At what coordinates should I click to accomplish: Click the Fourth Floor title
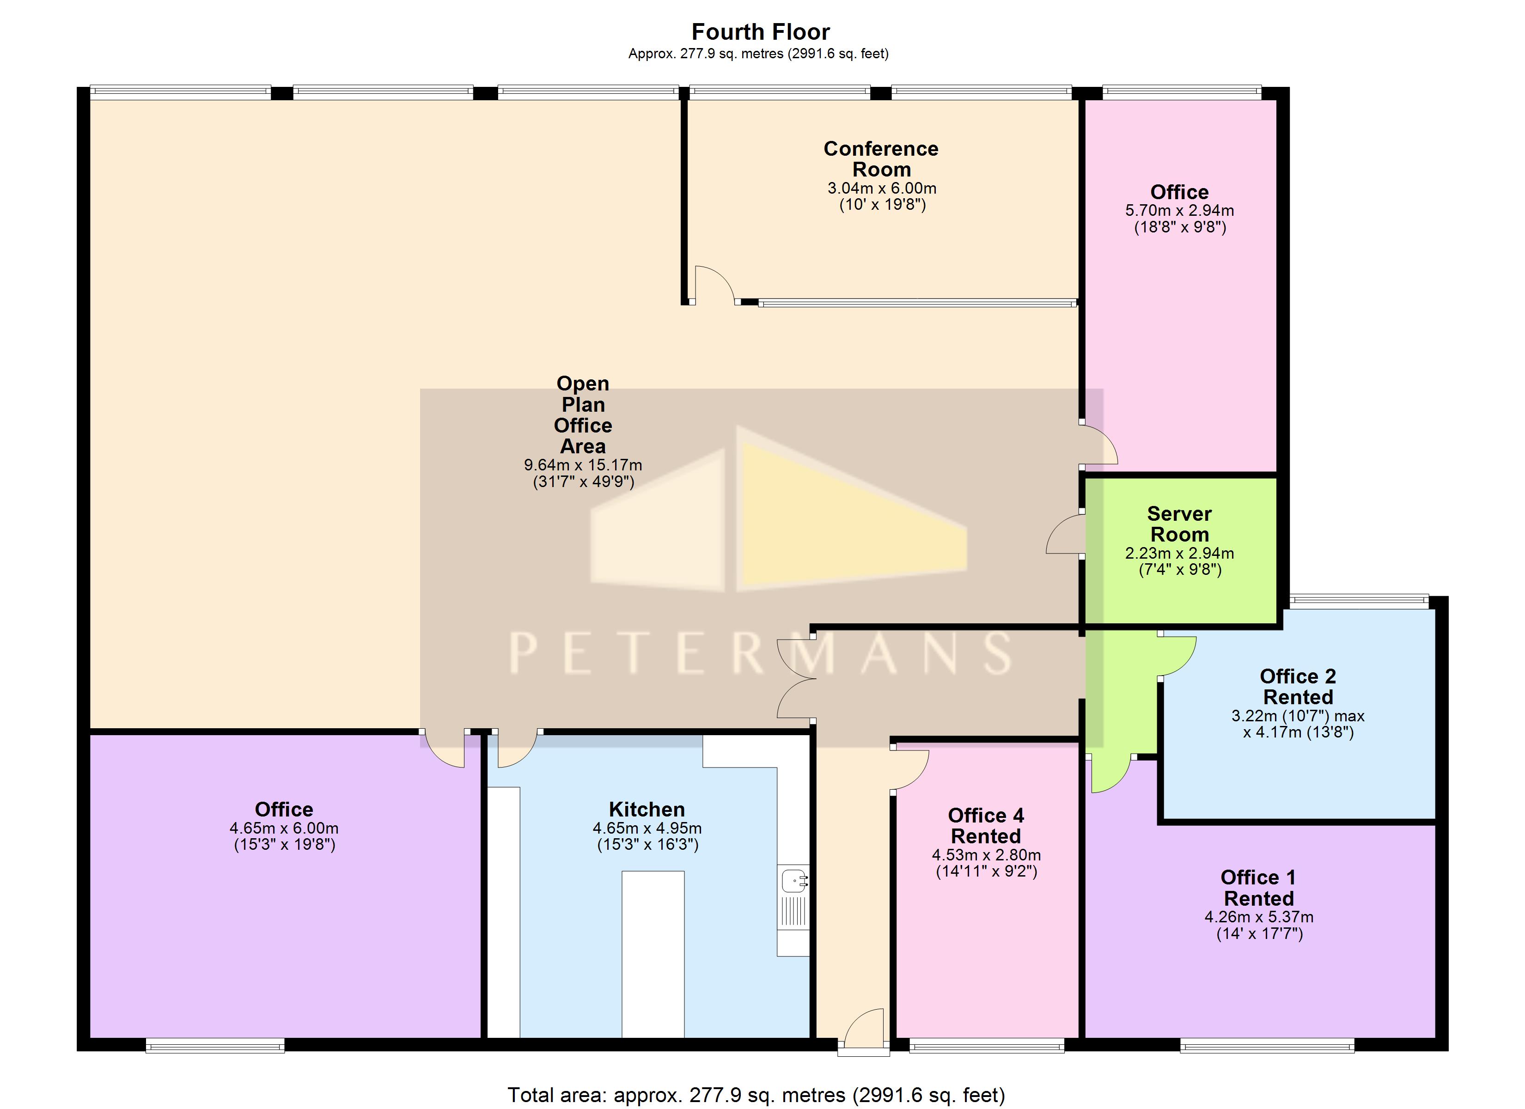pyautogui.click(x=761, y=31)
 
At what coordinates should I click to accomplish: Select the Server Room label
pyautogui.click(x=1179, y=524)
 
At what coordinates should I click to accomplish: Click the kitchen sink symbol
pyautogui.click(x=795, y=880)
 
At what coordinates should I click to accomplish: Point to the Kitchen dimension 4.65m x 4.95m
pyautogui.click(x=647, y=828)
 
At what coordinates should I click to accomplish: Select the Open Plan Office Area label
pyautogui.click(x=583, y=415)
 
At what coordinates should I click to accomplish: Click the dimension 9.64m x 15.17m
pyautogui.click(x=583, y=465)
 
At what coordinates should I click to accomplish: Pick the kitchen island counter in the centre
pyautogui.click(x=653, y=955)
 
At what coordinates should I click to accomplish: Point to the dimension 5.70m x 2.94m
pyautogui.click(x=1179, y=211)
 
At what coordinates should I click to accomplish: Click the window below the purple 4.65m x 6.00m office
pyautogui.click(x=215, y=1046)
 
